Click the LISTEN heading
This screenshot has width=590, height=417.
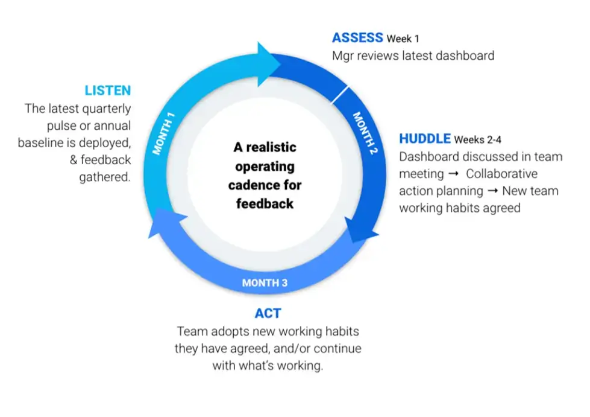[107, 91]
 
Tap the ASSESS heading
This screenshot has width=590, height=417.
[357, 37]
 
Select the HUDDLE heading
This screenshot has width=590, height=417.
[425, 139]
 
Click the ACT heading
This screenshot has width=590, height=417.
[268, 313]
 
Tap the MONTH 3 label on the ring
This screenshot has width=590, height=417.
[265, 282]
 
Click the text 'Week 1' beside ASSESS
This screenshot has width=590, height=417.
[403, 39]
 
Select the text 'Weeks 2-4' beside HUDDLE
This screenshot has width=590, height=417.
[477, 140]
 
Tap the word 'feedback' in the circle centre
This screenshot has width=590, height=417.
[265, 203]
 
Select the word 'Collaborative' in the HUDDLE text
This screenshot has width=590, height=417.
[501, 174]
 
